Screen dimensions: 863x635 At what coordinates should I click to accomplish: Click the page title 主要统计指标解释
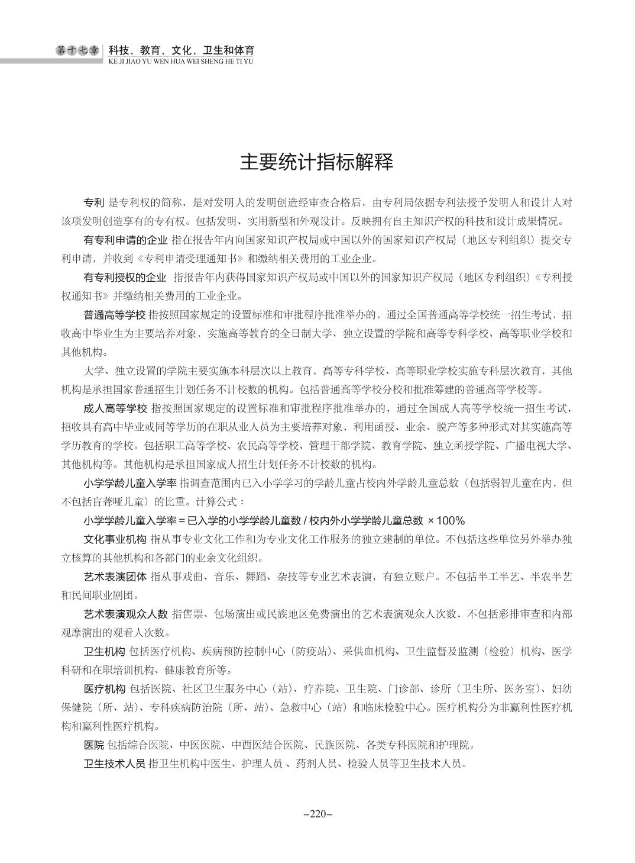pyautogui.click(x=316, y=162)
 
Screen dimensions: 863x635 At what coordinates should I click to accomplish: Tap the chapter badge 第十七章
pyautogui.click(x=78, y=51)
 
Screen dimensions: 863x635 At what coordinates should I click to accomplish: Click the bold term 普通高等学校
pyautogui.click(x=115, y=314)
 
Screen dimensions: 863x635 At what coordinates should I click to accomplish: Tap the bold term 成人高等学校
pyautogui.click(x=115, y=408)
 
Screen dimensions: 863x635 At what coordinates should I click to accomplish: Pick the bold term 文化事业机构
pyautogui.click(x=115, y=539)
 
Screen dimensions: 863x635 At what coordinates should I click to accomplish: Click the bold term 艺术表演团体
pyautogui.click(x=115, y=577)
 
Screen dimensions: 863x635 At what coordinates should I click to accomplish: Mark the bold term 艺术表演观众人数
pyautogui.click(x=125, y=614)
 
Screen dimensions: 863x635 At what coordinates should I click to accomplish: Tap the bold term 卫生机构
pyautogui.click(x=104, y=652)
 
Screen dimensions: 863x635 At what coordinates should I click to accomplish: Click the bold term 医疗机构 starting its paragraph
pyautogui.click(x=104, y=689)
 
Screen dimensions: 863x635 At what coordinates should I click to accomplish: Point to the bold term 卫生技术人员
pyautogui.click(x=115, y=763)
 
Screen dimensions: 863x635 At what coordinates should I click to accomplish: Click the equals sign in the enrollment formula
pyautogui.click(x=182, y=521)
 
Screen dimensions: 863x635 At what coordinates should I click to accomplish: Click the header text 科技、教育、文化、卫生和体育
pyautogui.click(x=182, y=50)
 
